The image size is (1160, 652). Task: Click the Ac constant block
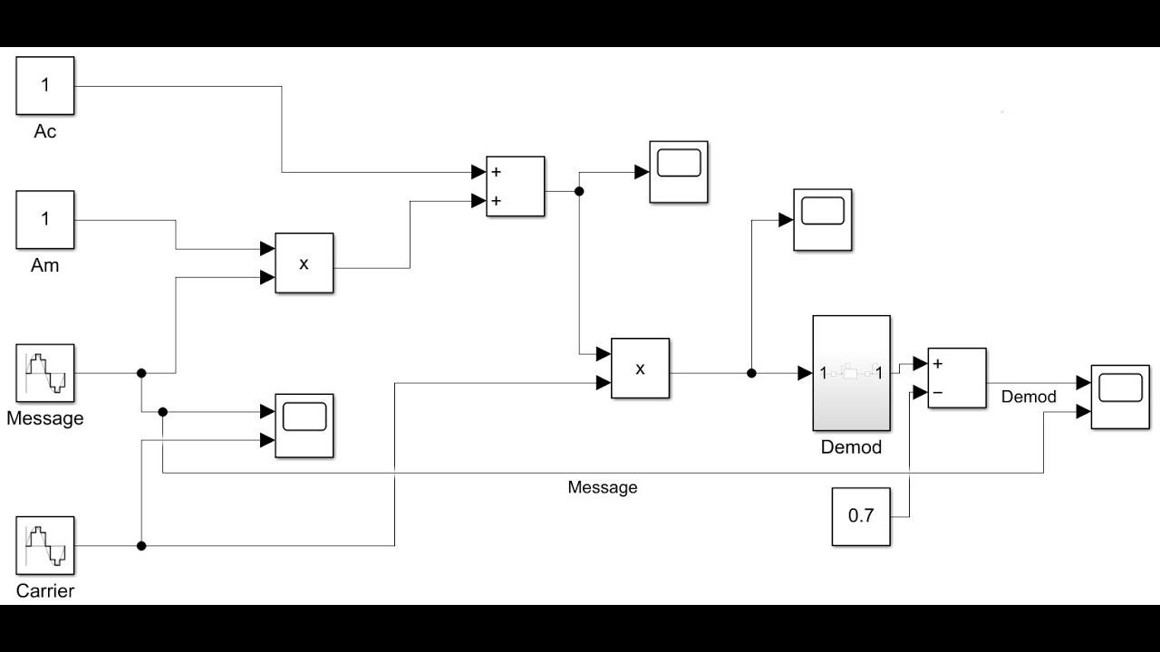pos(45,85)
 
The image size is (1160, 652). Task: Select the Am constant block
pos(45,219)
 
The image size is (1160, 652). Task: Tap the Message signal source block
pos(45,373)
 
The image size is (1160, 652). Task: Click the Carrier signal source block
pos(45,546)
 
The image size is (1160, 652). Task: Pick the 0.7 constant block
pos(861,516)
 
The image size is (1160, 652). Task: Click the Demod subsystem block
pos(851,373)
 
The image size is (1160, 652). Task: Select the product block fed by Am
pos(304,264)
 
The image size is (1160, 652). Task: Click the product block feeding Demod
pos(640,369)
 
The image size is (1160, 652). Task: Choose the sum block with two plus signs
pos(515,187)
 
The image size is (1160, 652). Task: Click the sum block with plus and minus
pos(956,378)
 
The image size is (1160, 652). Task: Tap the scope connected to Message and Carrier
pos(304,425)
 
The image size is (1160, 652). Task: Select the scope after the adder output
pos(678,171)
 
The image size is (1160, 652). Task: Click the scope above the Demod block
pos(823,219)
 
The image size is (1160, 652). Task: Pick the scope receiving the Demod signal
pos(1119,396)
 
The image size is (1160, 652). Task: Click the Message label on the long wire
pos(603,488)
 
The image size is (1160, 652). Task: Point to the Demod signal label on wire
pos(1029,397)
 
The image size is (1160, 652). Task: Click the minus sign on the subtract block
pos(938,393)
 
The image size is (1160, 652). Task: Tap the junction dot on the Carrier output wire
pos(141,546)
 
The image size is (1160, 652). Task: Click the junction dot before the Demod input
pos(751,373)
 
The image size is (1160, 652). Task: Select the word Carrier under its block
pos(45,591)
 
